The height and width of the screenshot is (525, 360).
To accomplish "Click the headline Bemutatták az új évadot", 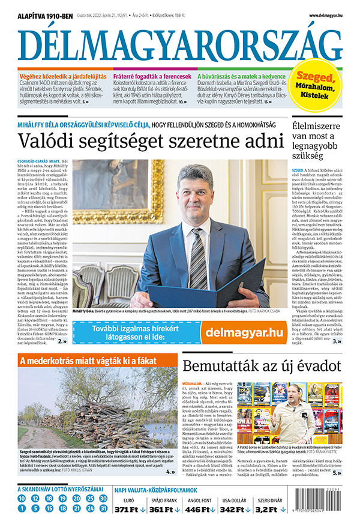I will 262,367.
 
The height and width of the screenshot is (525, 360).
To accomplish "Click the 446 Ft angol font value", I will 200,509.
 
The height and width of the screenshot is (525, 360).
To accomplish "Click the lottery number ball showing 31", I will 103,509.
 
